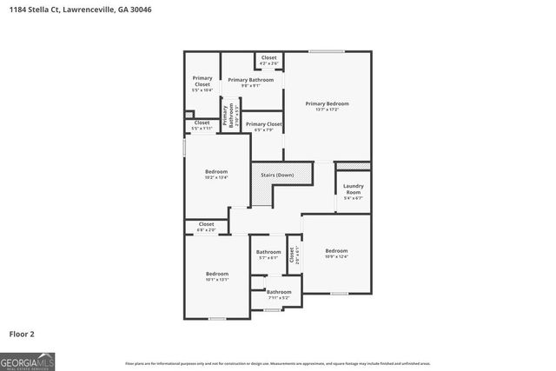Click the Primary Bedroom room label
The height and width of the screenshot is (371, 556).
point(327,103)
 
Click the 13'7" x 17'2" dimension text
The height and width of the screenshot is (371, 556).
point(327,109)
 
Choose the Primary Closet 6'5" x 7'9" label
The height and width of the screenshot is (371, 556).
point(263,127)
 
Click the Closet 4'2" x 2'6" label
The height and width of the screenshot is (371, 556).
point(269,60)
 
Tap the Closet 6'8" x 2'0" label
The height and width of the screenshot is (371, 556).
point(206,227)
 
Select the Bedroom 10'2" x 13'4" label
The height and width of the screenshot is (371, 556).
point(216,174)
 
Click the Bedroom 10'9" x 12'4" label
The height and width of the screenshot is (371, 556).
point(336,253)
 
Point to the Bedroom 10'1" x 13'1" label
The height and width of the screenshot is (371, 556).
point(216,276)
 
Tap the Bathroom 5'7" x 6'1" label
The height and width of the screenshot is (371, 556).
point(268,255)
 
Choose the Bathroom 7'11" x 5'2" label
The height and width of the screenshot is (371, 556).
point(279,295)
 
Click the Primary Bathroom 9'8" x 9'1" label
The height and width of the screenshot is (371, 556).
point(251,83)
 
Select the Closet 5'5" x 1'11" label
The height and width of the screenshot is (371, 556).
point(202,125)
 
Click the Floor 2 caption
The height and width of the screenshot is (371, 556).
point(22,333)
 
